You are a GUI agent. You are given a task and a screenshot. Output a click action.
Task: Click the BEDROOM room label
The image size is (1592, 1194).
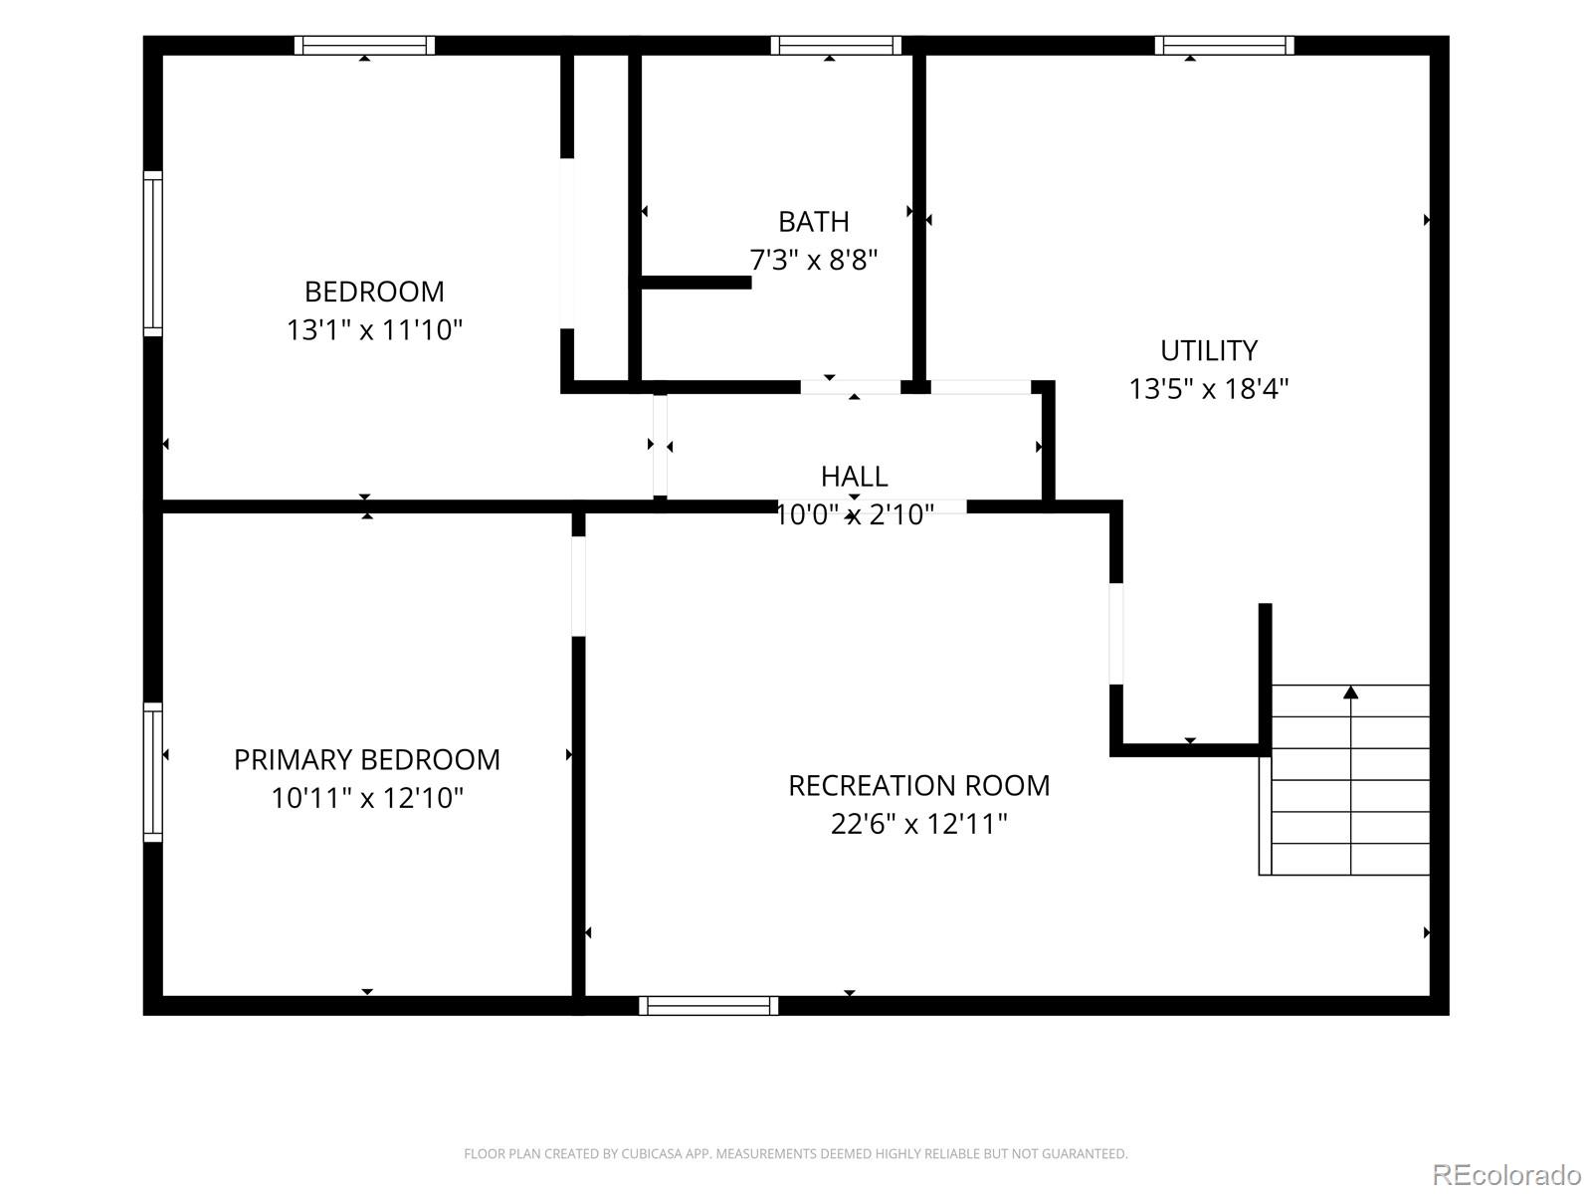[x=374, y=293]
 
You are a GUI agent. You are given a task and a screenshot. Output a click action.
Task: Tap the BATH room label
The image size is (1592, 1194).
[x=814, y=222]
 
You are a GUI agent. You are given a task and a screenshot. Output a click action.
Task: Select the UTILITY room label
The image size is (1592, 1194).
[x=1209, y=351]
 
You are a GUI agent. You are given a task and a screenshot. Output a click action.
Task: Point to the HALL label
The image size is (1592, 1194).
[x=855, y=477]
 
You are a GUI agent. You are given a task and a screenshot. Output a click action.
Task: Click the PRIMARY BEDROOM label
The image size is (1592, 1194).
[x=367, y=760]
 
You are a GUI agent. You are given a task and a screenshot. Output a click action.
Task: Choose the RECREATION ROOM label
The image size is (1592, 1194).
[x=919, y=786]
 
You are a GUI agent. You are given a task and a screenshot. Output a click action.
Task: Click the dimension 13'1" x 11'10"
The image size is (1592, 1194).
[x=374, y=330]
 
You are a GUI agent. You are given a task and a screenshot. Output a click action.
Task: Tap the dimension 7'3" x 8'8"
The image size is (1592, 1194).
[x=814, y=260]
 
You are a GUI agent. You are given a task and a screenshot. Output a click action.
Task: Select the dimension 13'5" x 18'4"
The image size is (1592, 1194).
[x=1209, y=389]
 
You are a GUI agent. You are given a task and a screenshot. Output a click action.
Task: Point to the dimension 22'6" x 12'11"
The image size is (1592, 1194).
[x=919, y=824]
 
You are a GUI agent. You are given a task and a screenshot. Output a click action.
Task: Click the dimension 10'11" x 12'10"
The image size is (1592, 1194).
[x=367, y=798]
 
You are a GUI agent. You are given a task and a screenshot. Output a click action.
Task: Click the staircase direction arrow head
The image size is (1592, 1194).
[x=1350, y=694]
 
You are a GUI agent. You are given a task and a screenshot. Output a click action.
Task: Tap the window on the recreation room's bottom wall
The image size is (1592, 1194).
[x=708, y=1006]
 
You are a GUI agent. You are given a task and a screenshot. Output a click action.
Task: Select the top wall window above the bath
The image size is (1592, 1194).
[x=836, y=45]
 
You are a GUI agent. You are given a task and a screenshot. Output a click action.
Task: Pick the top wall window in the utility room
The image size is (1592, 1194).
[x=1224, y=45]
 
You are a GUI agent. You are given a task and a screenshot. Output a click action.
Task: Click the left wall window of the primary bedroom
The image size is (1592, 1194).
[x=152, y=772]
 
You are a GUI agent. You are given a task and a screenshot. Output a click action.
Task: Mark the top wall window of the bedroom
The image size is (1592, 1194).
[x=365, y=45]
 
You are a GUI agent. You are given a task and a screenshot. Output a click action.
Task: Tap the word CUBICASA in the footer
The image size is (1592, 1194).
[x=649, y=1153]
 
